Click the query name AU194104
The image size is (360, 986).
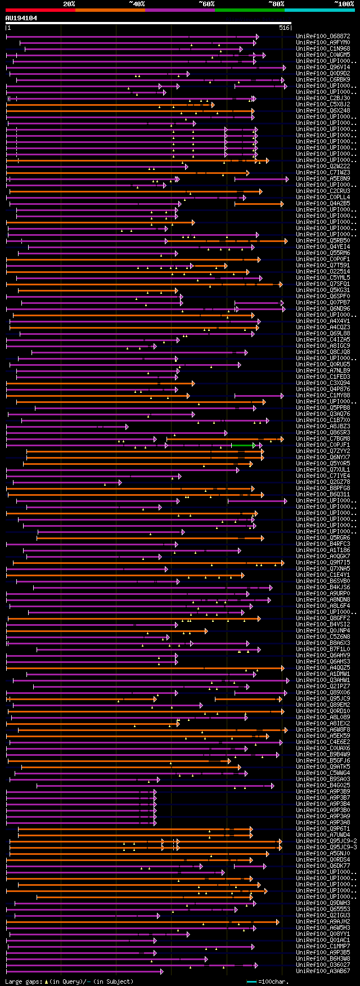pyautogui.click(x=21, y=18)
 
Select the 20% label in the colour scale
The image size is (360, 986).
pyautogui.click(x=69, y=4)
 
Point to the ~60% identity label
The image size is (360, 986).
pyautogui.click(x=206, y=4)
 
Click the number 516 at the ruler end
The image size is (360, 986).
pyautogui.click(x=284, y=28)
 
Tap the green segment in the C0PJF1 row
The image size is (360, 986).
pyautogui.click(x=242, y=445)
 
